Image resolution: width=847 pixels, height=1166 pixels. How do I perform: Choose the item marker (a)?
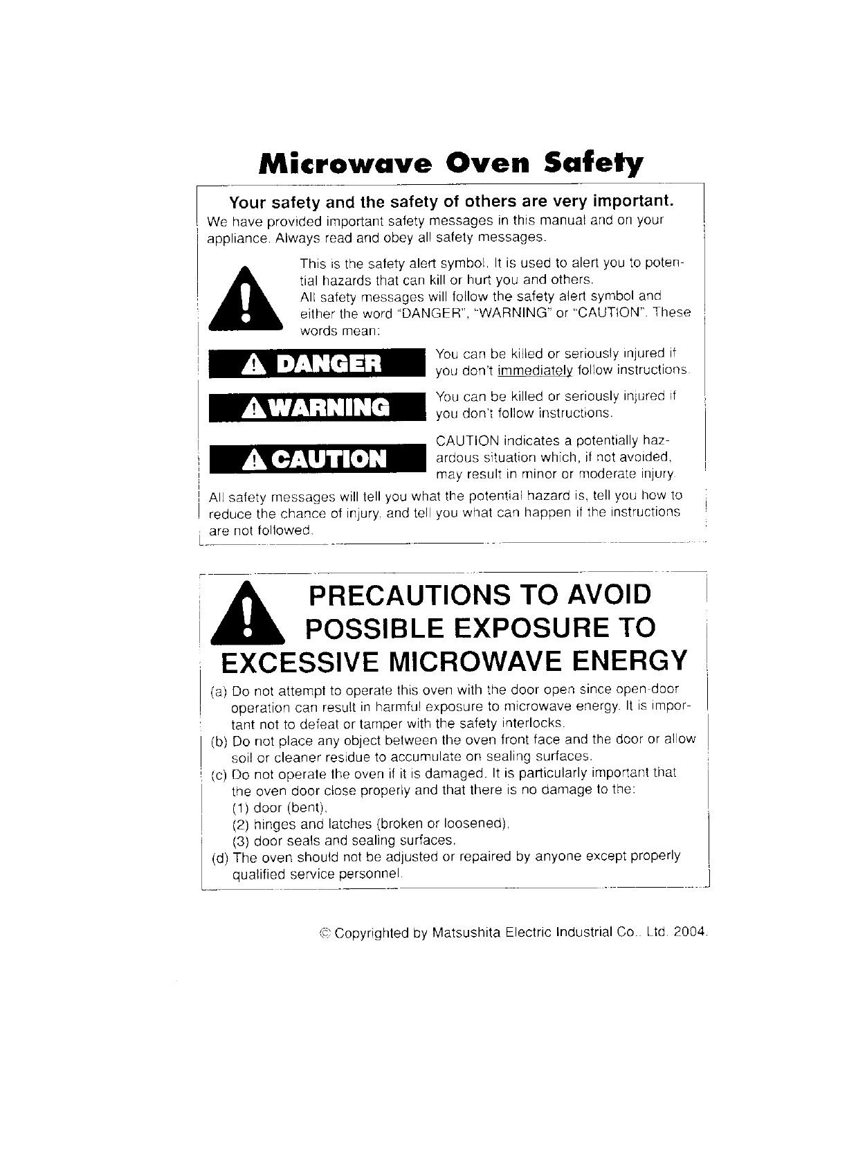[219, 692]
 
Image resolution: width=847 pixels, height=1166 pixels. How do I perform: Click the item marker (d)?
[219, 857]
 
